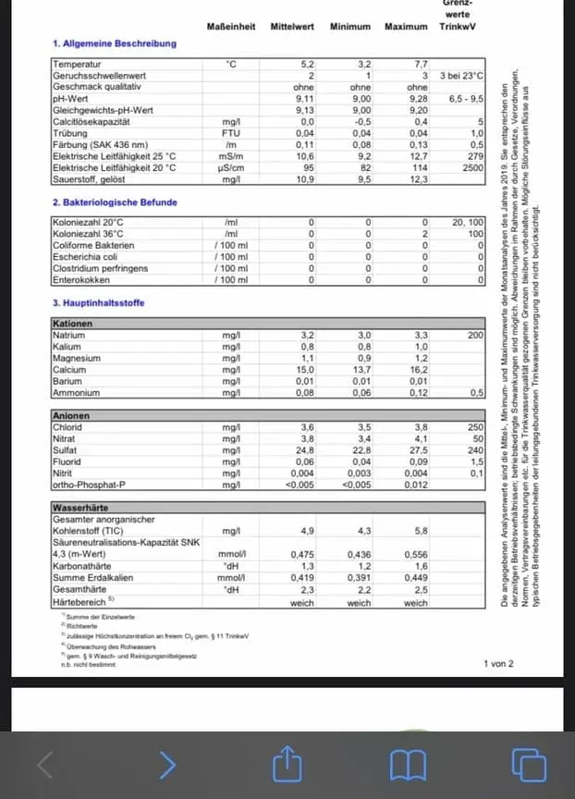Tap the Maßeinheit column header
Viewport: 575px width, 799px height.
[x=231, y=26]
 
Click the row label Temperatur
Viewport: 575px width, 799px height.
[x=77, y=64]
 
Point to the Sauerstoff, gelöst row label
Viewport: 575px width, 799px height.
[x=92, y=179]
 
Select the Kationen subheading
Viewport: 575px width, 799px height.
[x=73, y=324]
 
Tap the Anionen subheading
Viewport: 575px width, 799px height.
[x=71, y=416]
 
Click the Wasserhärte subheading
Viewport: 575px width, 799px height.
[x=80, y=508]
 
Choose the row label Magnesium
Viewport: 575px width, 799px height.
[x=77, y=358]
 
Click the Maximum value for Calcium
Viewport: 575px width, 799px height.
[x=419, y=369]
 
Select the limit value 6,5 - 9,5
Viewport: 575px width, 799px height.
[x=466, y=98]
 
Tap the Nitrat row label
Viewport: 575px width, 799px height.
[x=66, y=439]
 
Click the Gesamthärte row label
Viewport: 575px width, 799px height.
[x=79, y=589]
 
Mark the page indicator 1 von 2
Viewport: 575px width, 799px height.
[x=498, y=664]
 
